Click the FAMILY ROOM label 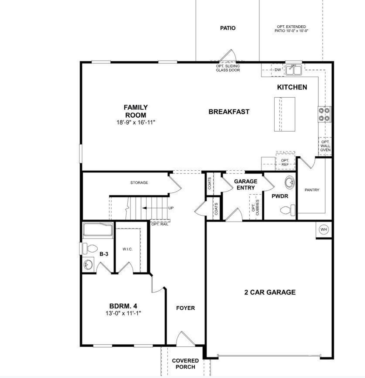tap(135, 111)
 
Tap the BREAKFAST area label tap(229, 112)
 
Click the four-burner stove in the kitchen tap(325, 114)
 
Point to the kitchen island tap(284, 114)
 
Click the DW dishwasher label tap(277, 70)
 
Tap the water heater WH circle tap(323, 229)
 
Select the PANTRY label tap(312, 190)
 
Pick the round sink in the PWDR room tap(290, 182)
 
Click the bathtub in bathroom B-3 tap(98, 230)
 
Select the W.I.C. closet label tap(127, 249)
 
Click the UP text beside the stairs tap(171, 208)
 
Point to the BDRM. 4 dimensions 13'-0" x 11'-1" tap(123, 313)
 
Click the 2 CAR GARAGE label tap(270, 292)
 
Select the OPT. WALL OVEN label tap(325, 146)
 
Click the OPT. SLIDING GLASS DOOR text tap(228, 68)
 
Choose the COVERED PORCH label tap(185, 364)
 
